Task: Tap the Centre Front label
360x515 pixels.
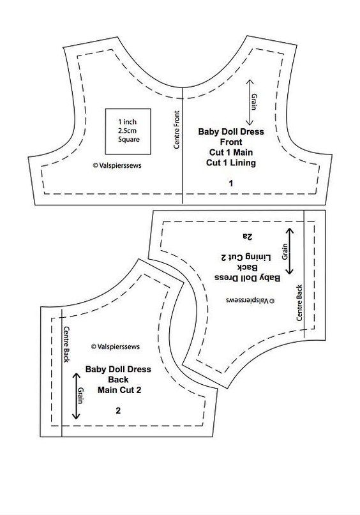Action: (177, 130)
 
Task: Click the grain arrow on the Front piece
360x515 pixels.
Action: (250, 102)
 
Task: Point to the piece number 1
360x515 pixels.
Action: (231, 183)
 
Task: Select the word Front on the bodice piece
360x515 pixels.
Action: (231, 142)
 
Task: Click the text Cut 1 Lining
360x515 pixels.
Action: (231, 163)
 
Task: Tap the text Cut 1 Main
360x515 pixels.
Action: (231, 153)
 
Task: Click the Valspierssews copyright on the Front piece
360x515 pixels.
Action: (117, 165)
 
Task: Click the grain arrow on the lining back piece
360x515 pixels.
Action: (289, 251)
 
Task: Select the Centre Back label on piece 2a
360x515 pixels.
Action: (299, 302)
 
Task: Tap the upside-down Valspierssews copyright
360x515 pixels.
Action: (250, 300)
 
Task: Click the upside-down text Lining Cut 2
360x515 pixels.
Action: (246, 257)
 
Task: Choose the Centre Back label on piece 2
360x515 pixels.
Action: (66, 344)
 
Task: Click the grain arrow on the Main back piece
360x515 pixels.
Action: (76, 396)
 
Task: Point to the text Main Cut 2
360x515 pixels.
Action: (119, 390)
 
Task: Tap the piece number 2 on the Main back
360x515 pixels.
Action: (118, 410)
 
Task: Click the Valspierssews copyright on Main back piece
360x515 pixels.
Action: (116, 347)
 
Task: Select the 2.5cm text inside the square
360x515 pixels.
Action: (128, 130)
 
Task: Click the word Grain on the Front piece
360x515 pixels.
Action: (254, 101)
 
